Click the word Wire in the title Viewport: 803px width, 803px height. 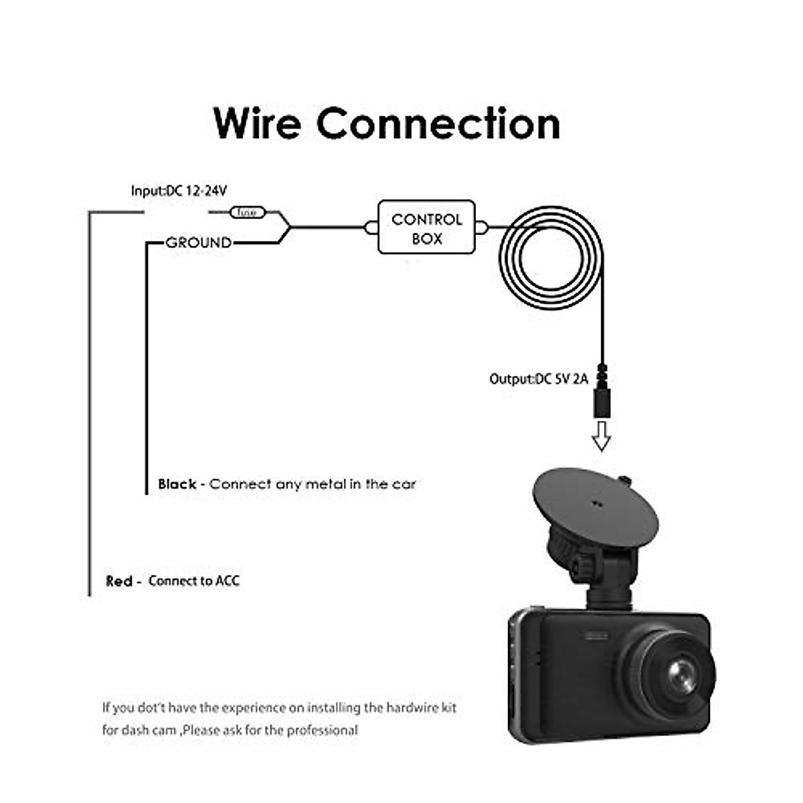click(257, 124)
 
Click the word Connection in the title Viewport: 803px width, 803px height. click(438, 124)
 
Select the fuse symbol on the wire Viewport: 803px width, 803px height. click(248, 213)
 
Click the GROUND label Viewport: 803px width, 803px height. click(199, 243)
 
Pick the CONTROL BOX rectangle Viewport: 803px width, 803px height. click(427, 228)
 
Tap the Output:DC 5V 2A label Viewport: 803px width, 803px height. click(539, 379)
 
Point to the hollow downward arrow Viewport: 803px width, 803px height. click(602, 436)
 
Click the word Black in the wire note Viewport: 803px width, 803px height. click(177, 484)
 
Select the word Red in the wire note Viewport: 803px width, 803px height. click(119, 581)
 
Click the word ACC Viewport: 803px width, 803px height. click(228, 581)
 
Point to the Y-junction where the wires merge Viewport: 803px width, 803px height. click(288, 228)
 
